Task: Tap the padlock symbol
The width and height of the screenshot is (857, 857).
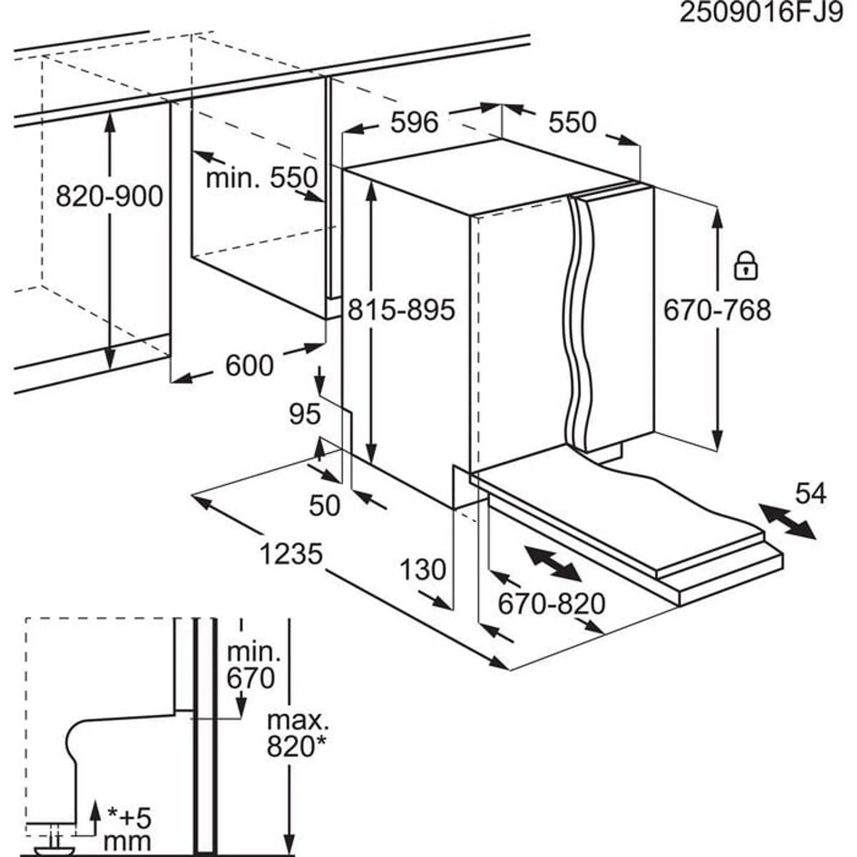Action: [x=746, y=266]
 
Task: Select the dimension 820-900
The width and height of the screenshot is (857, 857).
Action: [x=109, y=196]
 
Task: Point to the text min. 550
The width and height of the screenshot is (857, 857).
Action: [x=262, y=178]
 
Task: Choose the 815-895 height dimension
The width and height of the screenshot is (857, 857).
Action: [x=401, y=310]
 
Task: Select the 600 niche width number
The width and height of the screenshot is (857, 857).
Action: [x=249, y=366]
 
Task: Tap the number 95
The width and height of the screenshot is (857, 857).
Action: [x=305, y=414]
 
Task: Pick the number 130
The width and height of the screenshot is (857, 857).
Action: [x=422, y=570]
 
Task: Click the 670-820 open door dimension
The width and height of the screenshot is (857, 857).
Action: [x=551, y=604]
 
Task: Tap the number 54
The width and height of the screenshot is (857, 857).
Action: [x=811, y=494]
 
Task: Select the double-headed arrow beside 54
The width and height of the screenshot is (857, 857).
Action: [x=786, y=522]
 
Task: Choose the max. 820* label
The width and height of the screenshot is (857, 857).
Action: [x=298, y=733]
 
